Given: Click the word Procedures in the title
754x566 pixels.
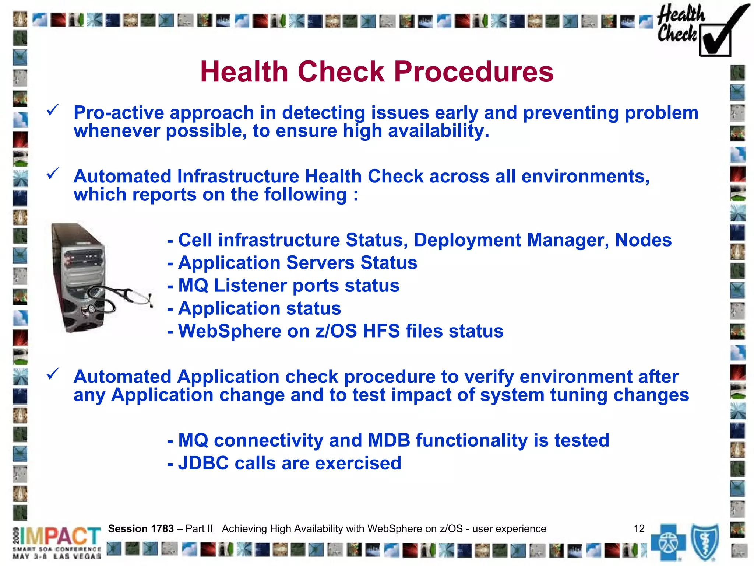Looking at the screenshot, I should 473,72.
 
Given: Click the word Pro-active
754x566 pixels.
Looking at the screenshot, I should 119,113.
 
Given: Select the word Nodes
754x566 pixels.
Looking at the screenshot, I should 643,240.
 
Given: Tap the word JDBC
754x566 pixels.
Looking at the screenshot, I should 203,463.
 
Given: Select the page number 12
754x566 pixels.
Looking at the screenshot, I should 639,529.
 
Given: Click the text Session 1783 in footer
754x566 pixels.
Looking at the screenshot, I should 141,529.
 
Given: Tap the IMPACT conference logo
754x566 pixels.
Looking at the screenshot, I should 57,542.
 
